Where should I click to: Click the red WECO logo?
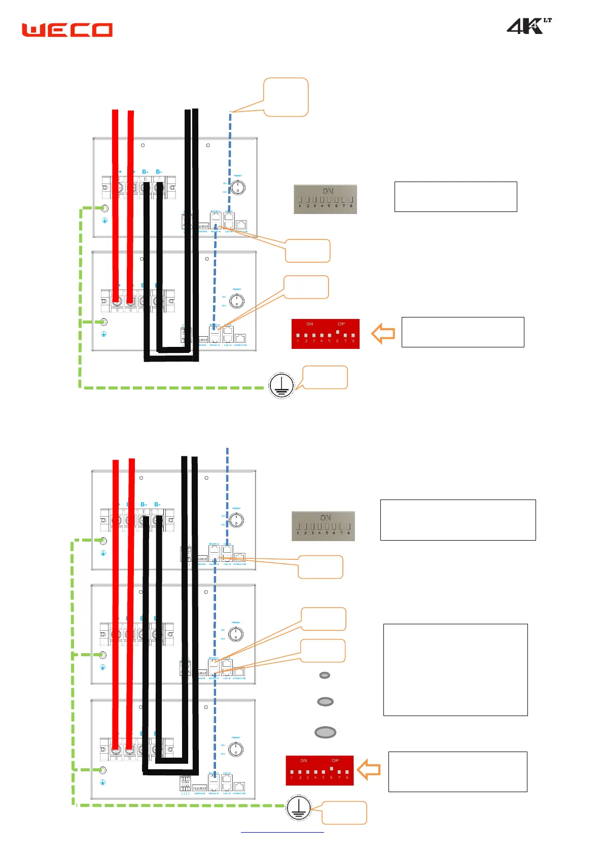67,30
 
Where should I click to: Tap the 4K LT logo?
528,26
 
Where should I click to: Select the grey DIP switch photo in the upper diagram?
326,199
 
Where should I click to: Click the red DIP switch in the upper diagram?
326,334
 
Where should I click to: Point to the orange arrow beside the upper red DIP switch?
383,334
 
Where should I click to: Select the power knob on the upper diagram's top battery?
238,188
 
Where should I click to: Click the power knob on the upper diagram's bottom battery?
237,301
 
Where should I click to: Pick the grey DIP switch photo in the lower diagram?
323,526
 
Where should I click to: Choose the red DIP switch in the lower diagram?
319,770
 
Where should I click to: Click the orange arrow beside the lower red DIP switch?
369,769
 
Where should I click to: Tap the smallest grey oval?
325,675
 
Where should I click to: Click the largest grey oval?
326,732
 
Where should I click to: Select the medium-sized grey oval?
325,702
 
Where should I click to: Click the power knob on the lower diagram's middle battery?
236,634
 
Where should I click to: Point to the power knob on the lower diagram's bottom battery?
236,749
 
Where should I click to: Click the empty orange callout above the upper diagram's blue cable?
286,97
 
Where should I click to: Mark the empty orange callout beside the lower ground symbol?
345,812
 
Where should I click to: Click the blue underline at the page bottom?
282,832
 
